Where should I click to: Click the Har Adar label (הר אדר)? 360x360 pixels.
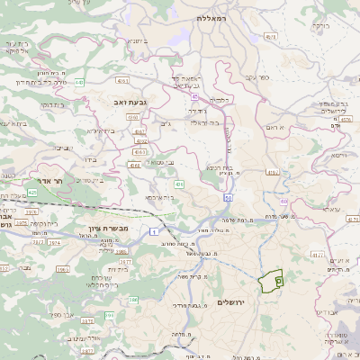[x=52, y=181]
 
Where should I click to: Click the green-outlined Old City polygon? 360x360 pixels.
[x=270, y=282]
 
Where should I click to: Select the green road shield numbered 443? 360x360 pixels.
[x=79, y=82]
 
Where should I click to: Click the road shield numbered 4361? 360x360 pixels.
[x=132, y=117]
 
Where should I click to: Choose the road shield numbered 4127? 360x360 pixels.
[x=317, y=255]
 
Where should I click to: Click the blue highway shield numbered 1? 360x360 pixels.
[x=166, y=231]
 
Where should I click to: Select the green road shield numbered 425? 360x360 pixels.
[x=32, y=192]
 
